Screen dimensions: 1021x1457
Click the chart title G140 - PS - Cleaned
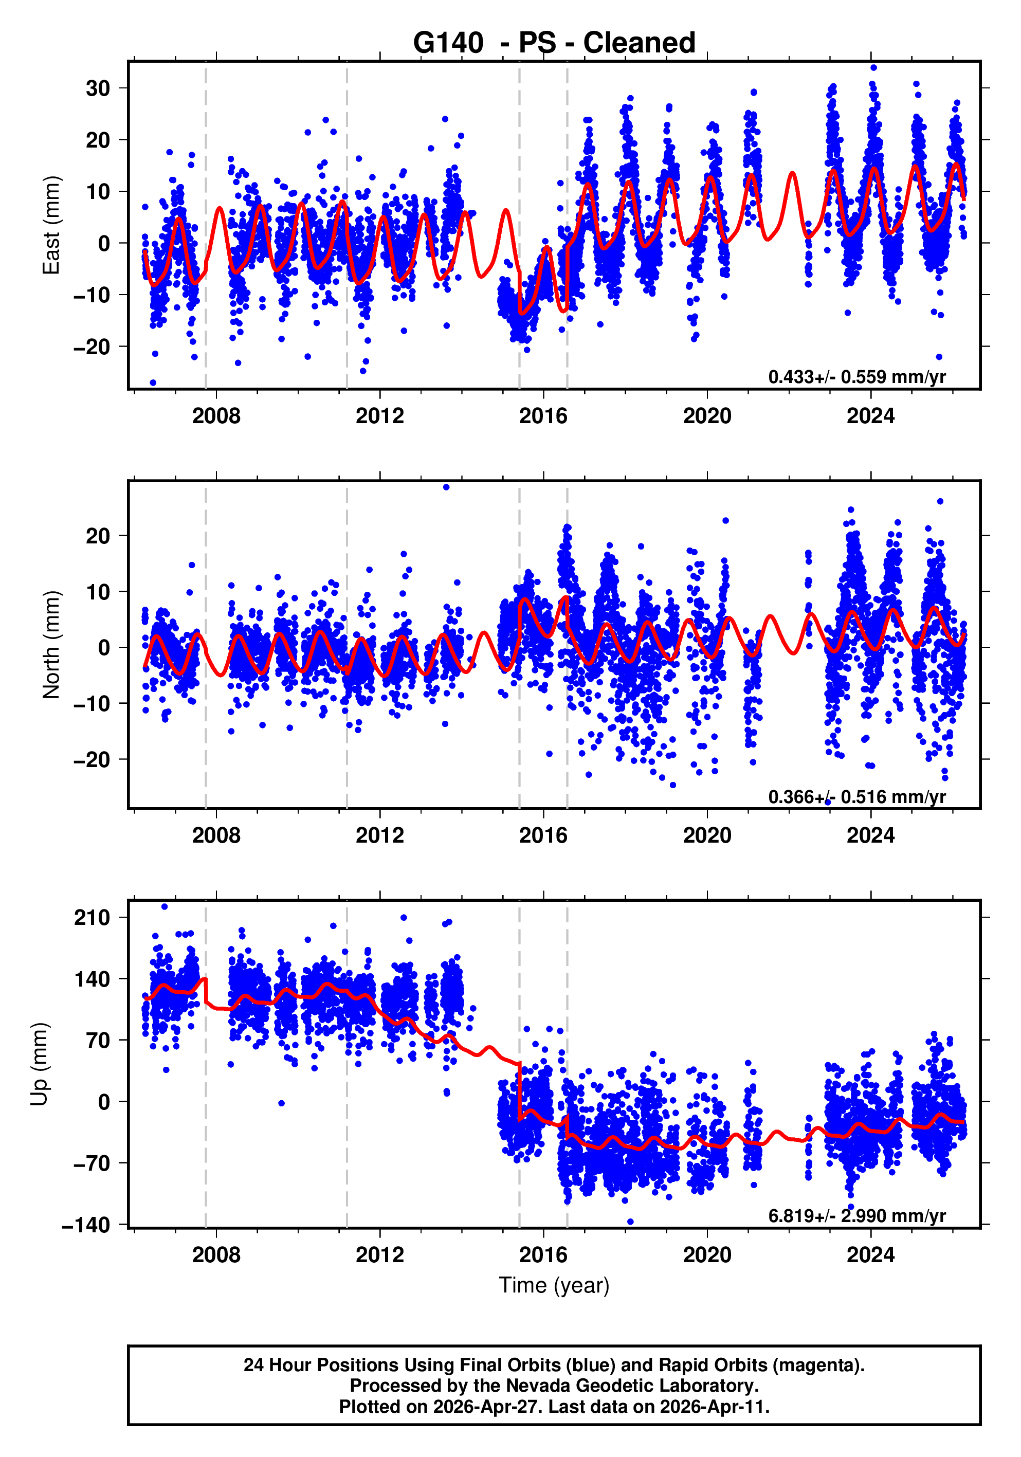click(554, 43)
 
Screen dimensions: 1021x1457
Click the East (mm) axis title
click(51, 225)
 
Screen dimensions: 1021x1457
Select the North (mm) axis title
click(51, 645)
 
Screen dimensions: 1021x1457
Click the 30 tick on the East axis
click(98, 88)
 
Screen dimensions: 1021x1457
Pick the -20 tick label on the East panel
click(92, 347)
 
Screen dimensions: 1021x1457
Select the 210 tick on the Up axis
click(92, 917)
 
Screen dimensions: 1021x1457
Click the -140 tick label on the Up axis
click(86, 1225)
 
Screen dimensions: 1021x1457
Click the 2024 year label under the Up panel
click(870, 1254)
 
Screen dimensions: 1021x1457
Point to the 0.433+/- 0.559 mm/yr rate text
click(856, 377)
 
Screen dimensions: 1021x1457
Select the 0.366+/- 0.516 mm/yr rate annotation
click(856, 796)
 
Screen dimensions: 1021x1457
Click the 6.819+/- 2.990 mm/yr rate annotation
click(856, 1216)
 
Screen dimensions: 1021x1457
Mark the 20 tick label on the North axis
click(98, 536)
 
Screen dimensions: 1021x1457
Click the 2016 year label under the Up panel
click(543, 1254)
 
